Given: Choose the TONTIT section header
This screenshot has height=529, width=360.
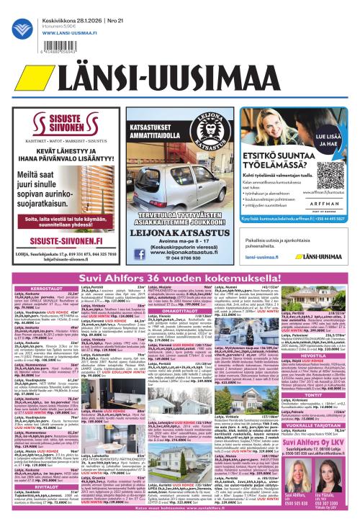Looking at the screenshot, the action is [297, 414].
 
